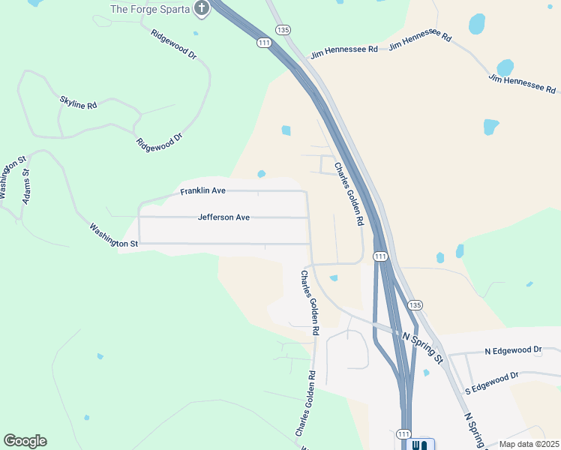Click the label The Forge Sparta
(151, 9)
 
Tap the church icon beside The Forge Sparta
(201, 8)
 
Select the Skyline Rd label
(78, 102)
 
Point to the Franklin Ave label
(202, 191)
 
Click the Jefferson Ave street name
(223, 217)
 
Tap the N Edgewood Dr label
(513, 350)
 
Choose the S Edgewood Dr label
(492, 382)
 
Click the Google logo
(25, 441)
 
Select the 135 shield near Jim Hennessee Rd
(282, 29)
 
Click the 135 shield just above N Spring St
(415, 304)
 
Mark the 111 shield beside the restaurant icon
(403, 434)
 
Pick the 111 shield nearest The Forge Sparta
(263, 43)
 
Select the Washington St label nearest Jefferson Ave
(113, 235)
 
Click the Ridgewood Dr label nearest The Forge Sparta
(172, 44)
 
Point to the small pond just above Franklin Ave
(261, 174)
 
